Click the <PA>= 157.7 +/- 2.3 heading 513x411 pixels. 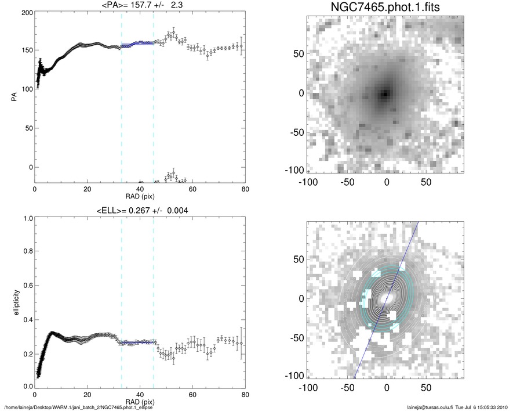(x=140, y=6)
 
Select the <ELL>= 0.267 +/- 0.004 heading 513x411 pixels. (x=140, y=210)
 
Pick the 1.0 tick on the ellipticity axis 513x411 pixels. (x=26, y=219)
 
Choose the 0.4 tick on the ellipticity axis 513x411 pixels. (x=26, y=320)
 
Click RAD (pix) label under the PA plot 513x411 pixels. (x=140, y=196)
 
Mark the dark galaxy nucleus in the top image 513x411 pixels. (x=385, y=93)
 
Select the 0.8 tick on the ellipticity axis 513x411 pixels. (x=26, y=253)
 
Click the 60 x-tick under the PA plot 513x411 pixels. (x=192, y=189)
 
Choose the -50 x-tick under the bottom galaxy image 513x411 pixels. (x=346, y=387)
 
